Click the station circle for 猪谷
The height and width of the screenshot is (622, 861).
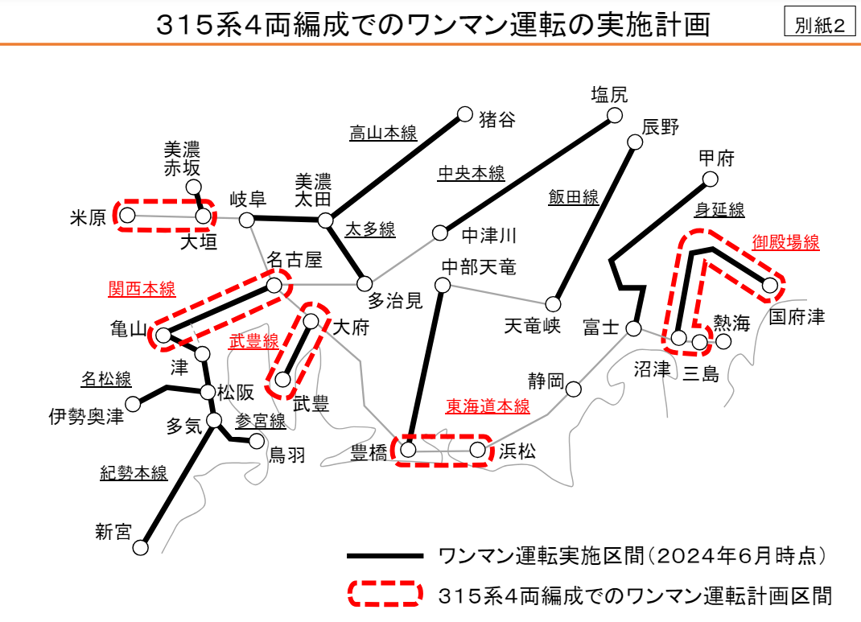(x=464, y=114)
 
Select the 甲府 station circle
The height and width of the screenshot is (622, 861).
(x=709, y=179)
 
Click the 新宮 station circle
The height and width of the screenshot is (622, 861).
(x=141, y=547)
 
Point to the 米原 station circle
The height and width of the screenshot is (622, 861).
(x=127, y=215)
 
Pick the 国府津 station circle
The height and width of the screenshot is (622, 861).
(x=771, y=285)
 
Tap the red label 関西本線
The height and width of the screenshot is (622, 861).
(x=142, y=289)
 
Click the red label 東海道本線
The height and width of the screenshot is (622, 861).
(x=488, y=406)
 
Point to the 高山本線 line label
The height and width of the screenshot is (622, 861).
(x=383, y=133)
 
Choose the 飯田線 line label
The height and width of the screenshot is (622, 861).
(x=574, y=197)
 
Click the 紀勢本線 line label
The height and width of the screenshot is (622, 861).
(x=134, y=473)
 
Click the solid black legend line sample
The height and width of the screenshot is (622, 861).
(x=385, y=556)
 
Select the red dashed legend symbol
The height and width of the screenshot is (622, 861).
(x=385, y=595)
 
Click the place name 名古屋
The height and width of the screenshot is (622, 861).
(x=295, y=260)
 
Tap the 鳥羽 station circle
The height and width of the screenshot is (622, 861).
(x=257, y=441)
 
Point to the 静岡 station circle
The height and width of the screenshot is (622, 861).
(x=573, y=389)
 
